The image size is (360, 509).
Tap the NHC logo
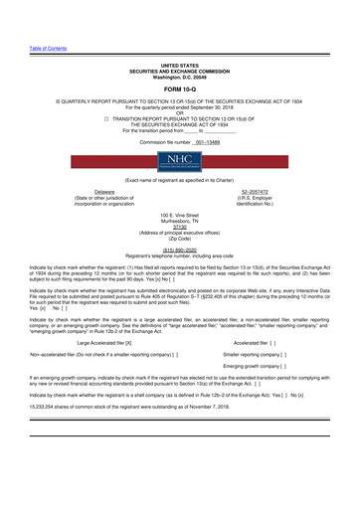pos(179,165)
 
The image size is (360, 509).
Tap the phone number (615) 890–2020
pos(180,252)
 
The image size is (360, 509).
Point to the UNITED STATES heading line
pos(180,65)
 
